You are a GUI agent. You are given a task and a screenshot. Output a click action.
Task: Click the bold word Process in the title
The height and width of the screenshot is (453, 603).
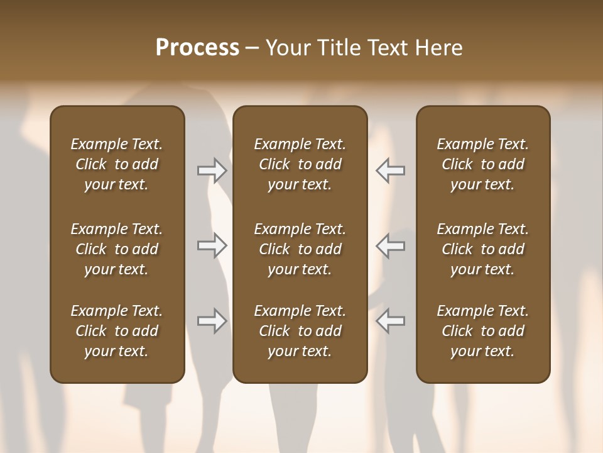(x=197, y=48)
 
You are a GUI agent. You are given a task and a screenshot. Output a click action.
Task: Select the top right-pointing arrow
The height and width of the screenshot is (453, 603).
(x=212, y=171)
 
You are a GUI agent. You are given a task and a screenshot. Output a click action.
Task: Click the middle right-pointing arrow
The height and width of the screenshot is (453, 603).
(x=212, y=245)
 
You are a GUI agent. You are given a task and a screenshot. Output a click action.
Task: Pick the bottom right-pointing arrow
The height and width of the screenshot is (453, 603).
(x=212, y=321)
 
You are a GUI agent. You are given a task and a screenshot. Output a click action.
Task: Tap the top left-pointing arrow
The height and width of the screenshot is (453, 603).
(x=391, y=171)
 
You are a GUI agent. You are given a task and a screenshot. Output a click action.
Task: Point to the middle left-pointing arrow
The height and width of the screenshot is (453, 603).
(x=391, y=245)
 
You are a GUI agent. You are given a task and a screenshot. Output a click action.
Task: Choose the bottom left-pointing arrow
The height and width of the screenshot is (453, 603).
(x=391, y=321)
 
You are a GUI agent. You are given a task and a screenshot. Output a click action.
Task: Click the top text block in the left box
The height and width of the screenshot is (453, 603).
(x=117, y=164)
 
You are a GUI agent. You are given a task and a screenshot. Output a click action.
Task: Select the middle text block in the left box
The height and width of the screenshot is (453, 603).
(x=117, y=249)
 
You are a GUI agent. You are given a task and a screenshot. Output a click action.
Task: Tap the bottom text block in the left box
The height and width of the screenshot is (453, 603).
(x=117, y=331)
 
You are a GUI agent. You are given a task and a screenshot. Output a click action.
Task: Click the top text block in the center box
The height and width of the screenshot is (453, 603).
(x=300, y=164)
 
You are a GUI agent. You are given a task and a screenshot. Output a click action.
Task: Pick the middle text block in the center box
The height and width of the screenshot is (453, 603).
(x=300, y=249)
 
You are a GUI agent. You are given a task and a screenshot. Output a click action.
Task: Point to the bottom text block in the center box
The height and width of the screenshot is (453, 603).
(x=300, y=331)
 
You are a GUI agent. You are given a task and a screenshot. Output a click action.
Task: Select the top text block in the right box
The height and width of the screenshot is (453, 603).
(x=483, y=164)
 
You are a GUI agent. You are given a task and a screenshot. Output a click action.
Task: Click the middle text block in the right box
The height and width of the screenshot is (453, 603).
(x=483, y=249)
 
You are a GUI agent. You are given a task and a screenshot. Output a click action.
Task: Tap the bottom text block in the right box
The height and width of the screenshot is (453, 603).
(x=483, y=331)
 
